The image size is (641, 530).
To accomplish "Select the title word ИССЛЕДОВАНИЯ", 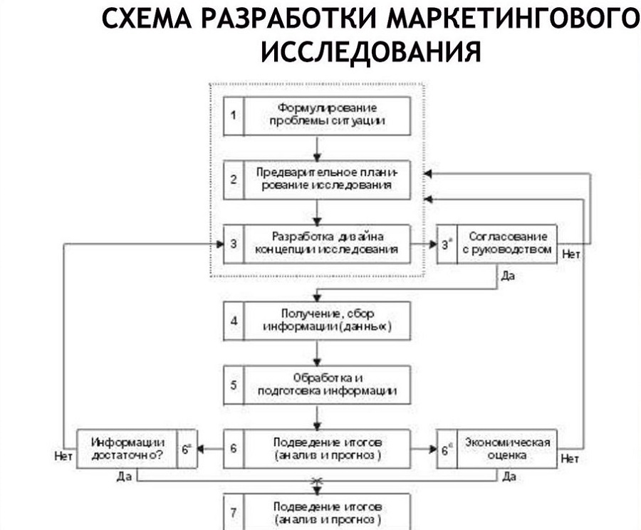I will tap(371, 52).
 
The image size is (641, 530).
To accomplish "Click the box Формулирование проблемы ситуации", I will tap(327, 115).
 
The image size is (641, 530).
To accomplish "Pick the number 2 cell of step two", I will tap(234, 180).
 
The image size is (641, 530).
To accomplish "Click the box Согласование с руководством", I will tap(505, 244).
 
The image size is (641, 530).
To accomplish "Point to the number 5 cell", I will tap(234, 385).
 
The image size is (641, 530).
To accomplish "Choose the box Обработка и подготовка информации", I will tap(327, 385).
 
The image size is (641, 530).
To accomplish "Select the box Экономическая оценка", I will tap(506, 449).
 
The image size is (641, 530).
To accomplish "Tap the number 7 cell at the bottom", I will tap(234, 512).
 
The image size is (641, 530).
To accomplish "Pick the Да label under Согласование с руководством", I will tap(507, 275).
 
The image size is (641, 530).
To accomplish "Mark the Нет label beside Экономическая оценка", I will tap(570, 459).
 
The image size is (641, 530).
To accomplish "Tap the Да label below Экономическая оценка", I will tap(509, 477).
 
